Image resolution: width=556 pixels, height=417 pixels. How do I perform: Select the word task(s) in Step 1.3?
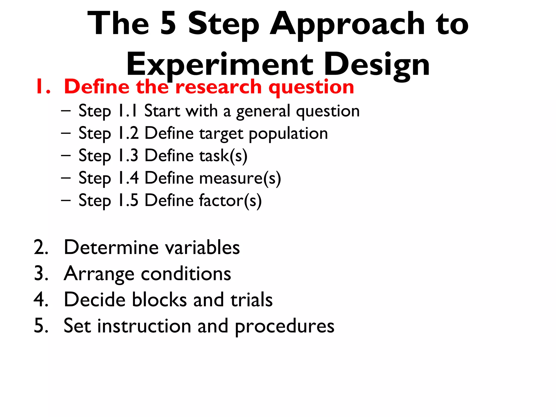click(223, 156)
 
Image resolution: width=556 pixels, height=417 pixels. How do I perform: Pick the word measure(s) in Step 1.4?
click(240, 178)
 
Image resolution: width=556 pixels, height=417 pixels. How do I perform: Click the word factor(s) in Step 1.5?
click(230, 201)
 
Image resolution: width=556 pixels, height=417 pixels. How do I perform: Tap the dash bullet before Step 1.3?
click(66, 156)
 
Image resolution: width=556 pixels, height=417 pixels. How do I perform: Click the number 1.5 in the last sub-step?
click(128, 200)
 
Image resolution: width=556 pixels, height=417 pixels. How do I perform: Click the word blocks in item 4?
click(159, 300)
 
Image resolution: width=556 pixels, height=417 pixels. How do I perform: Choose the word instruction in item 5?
click(144, 326)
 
